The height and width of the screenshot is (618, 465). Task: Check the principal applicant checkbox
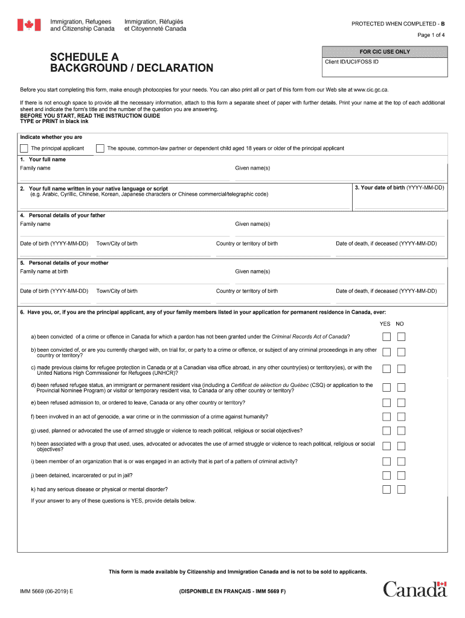coord(24,148)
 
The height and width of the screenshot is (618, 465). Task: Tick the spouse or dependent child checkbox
coord(100,148)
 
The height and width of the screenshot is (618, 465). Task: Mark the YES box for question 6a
coord(386,336)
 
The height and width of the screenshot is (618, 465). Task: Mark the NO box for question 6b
coord(401,352)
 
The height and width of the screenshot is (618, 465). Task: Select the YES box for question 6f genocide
coord(386,416)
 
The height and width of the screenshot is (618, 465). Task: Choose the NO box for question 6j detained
coord(401,476)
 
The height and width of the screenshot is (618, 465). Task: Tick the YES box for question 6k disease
coord(386,489)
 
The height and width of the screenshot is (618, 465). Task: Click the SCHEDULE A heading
coord(84,57)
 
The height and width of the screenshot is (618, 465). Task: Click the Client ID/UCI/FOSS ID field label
coord(352,62)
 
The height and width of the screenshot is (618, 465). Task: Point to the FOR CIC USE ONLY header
coord(385,52)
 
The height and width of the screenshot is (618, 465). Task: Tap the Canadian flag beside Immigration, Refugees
coord(28,25)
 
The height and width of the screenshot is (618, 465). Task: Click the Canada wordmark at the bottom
coord(415,589)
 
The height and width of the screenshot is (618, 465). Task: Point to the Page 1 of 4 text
coord(431,35)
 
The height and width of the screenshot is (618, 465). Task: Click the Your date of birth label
coord(399,188)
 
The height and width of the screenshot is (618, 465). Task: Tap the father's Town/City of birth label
coord(117,244)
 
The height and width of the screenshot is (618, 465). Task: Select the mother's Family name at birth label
coord(44,272)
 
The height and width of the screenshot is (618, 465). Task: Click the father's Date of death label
coord(386,244)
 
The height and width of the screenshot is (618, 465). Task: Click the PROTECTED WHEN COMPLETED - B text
coord(398,24)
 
